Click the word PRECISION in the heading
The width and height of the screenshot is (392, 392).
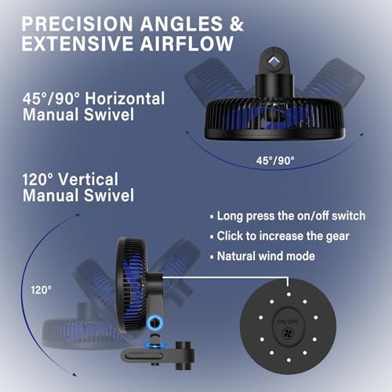pos(78,24)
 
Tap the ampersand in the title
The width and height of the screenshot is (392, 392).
pos(237,24)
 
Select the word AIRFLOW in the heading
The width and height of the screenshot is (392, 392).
pos(187,43)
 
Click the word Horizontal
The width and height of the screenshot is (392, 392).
pos(125,99)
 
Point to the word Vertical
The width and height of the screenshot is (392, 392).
pos(89,180)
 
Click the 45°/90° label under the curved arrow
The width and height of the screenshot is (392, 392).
pos(275,161)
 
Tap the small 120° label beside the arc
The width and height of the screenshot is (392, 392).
pos(41,290)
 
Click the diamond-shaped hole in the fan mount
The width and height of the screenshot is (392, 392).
pos(274,62)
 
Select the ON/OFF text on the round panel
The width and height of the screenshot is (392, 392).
pos(288,321)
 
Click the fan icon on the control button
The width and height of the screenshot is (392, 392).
pos(288,334)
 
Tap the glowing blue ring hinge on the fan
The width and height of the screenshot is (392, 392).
pos(154,323)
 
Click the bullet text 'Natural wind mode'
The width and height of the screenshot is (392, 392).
pos(266,256)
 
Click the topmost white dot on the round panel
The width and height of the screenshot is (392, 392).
pos(289,294)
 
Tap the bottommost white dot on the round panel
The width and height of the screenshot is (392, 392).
pos(289,360)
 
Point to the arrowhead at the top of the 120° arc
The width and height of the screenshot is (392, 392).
pos(78,215)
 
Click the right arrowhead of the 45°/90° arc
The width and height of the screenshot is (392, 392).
pos(361,135)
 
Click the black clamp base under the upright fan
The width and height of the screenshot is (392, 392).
pos(158,355)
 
